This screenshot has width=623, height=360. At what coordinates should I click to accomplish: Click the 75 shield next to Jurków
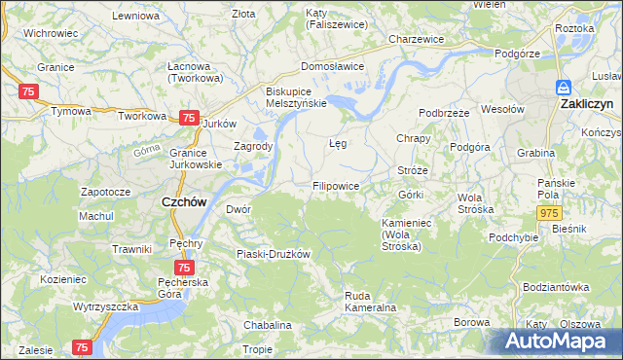tap(189, 117)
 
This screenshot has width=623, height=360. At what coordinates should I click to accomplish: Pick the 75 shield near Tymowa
tap(27, 90)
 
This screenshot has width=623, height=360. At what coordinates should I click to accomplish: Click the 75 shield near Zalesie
tap(81, 346)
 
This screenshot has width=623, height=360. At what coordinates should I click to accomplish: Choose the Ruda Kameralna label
tap(369, 302)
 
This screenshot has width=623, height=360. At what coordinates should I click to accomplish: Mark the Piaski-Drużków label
tap(274, 254)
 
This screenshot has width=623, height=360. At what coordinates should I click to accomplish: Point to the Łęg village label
tap(338, 144)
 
